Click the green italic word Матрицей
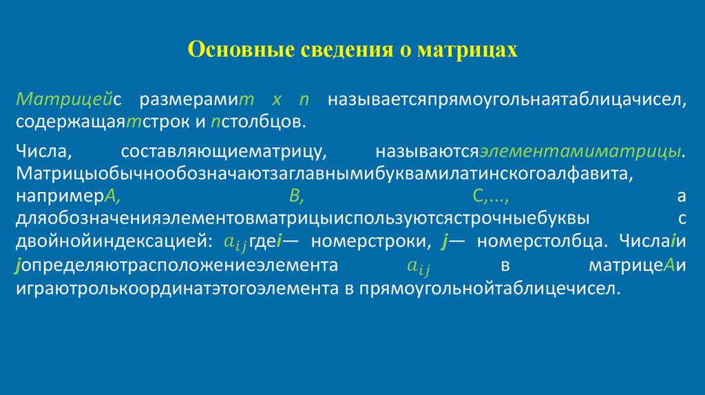65,100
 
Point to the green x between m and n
277,100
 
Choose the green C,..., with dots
490,196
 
